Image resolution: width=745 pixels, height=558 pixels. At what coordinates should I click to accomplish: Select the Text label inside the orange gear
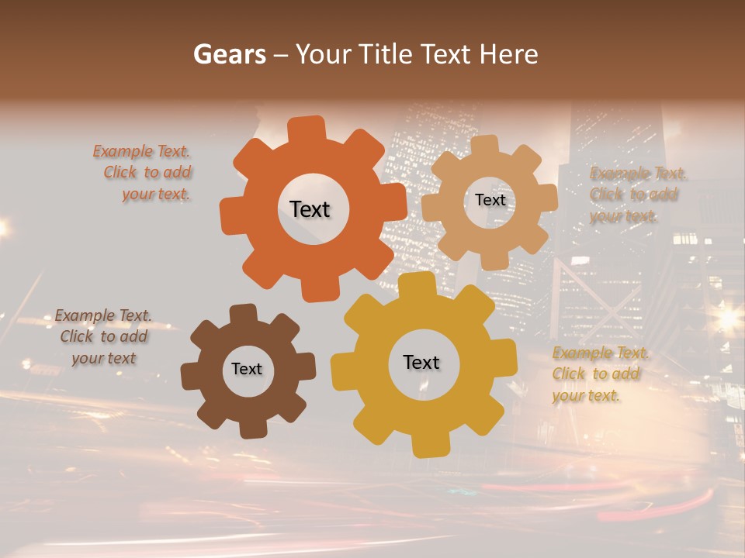310,209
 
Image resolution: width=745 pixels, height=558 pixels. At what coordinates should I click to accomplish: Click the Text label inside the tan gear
490,200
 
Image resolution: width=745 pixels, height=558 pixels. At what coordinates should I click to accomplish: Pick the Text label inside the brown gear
247,369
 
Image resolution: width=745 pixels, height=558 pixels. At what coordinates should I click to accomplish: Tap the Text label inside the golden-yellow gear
421,362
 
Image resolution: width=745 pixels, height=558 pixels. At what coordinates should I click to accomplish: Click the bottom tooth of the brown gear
249,428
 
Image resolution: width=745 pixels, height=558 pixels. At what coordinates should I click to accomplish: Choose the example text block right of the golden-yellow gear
599,374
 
